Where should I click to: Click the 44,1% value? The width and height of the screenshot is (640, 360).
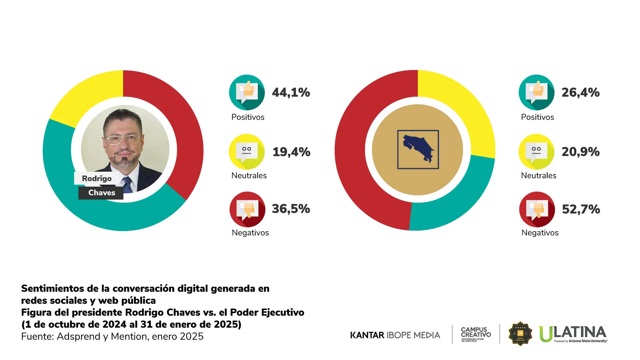coord(291,92)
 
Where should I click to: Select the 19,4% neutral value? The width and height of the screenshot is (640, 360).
coord(291,152)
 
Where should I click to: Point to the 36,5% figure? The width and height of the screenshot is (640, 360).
coord(291,209)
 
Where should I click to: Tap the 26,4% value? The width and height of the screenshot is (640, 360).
coord(580,92)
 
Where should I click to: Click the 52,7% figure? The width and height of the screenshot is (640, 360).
coord(581,209)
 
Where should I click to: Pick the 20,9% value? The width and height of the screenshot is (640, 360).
coord(580,152)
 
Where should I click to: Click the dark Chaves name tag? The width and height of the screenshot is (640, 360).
coord(101,193)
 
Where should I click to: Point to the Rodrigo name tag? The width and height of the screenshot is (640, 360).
coord(97,178)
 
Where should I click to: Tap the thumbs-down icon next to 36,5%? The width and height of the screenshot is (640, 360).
coord(247,209)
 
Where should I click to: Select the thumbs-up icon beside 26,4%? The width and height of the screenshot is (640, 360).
coord(536,92)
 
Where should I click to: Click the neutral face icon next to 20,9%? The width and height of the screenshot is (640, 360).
coord(536,152)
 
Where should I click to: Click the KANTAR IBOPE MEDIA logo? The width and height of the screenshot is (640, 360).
coord(395,335)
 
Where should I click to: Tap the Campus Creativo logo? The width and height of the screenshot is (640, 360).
coord(476,334)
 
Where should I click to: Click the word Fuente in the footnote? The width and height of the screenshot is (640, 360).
coord(37,336)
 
